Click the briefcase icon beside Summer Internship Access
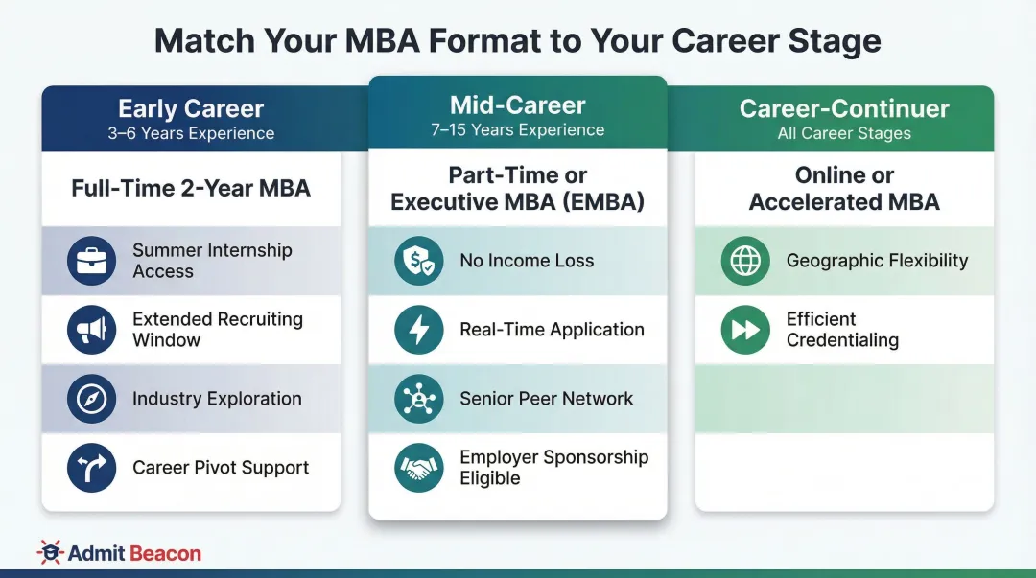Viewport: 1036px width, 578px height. click(x=92, y=261)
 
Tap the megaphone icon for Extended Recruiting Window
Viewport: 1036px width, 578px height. click(x=92, y=330)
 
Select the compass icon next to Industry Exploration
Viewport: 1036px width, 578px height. click(x=92, y=399)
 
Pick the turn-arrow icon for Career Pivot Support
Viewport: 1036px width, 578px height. click(x=92, y=468)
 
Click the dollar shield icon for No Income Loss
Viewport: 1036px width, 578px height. click(x=419, y=261)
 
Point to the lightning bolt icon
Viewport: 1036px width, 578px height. click(x=419, y=330)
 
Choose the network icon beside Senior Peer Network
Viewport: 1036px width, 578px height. click(x=419, y=399)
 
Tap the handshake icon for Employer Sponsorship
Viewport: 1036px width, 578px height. click(x=419, y=468)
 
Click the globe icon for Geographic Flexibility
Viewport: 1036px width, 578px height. click(x=745, y=261)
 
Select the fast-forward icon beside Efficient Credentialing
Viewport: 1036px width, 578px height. click(x=745, y=330)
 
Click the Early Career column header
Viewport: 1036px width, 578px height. click(x=191, y=109)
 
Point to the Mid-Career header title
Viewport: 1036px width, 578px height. click(x=518, y=105)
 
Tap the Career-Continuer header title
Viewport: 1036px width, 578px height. click(x=844, y=109)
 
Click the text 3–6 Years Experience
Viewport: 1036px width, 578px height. click(x=191, y=133)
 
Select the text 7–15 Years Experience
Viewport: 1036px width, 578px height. click(x=518, y=130)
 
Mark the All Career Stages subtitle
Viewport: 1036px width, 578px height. click(x=844, y=133)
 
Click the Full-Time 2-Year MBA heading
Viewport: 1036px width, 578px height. click(x=191, y=188)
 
